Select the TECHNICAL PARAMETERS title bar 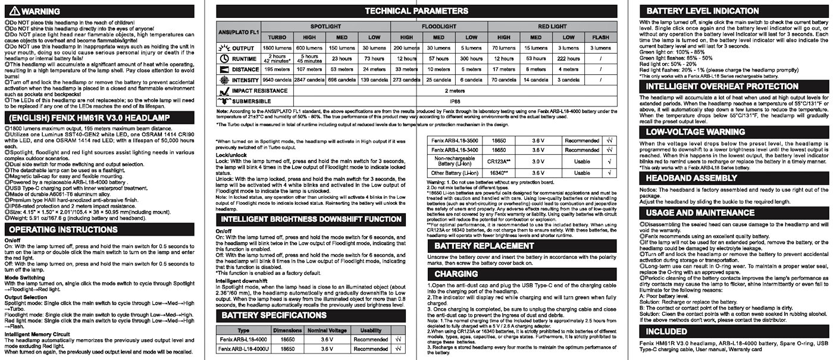416,10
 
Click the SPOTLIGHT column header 325,27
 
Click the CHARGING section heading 456,274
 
